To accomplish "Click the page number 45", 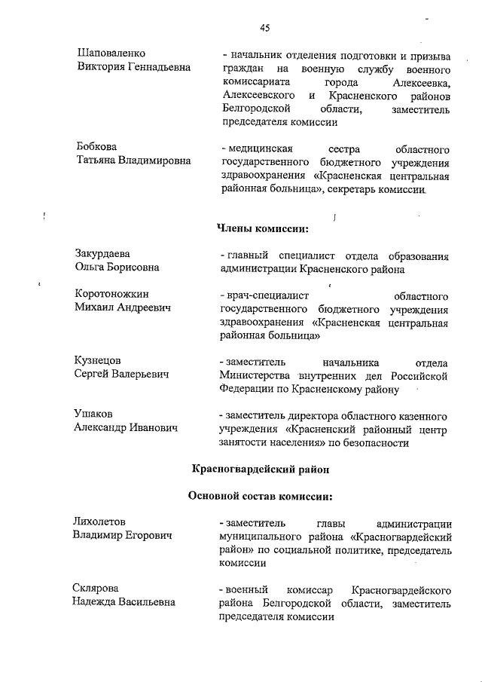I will (x=264, y=29).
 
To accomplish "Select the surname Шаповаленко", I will (x=111, y=54).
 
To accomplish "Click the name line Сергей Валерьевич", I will (x=121, y=375).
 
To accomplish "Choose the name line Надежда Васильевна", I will (x=124, y=601).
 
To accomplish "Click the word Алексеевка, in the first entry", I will (x=417, y=83).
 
